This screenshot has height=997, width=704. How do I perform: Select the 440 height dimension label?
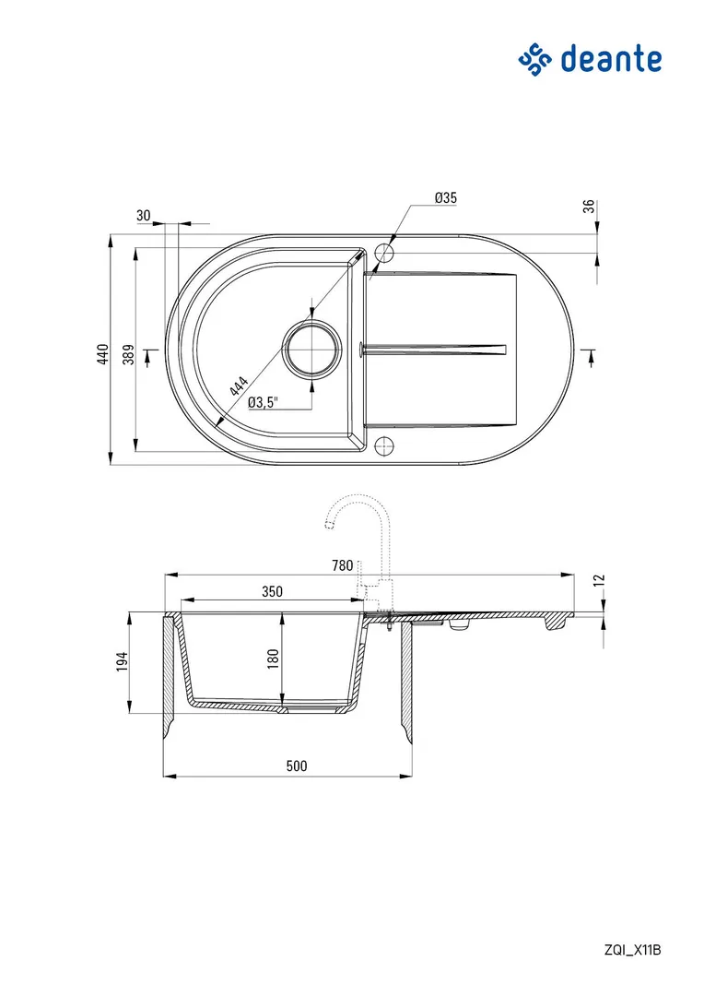tap(103, 354)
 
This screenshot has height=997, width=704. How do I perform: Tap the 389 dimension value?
tap(128, 354)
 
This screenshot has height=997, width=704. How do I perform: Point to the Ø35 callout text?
tap(445, 197)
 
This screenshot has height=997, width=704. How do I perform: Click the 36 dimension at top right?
tap(589, 207)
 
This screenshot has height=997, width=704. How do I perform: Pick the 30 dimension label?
tap(144, 216)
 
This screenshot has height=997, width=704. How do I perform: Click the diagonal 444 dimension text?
tap(239, 386)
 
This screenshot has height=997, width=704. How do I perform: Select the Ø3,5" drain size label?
tap(263, 402)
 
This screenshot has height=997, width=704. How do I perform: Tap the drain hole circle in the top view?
tap(312, 349)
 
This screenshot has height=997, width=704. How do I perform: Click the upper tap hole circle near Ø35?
tap(384, 253)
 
